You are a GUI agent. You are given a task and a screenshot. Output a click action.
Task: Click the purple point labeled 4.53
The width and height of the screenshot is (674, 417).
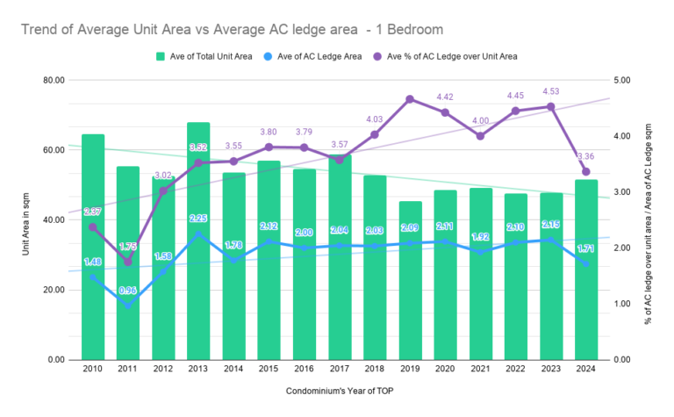(550, 106)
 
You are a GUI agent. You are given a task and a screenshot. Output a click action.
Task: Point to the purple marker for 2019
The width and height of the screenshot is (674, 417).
(410, 99)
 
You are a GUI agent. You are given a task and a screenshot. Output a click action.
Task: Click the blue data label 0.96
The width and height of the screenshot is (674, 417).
(128, 291)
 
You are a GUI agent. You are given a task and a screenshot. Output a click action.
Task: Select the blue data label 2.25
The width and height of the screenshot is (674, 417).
(198, 219)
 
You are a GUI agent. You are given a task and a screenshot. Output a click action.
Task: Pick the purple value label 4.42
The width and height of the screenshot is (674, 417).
(445, 97)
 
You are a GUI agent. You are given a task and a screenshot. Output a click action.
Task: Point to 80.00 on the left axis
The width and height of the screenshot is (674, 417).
(54, 80)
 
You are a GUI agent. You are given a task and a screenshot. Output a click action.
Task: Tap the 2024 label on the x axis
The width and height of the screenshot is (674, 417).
(585, 370)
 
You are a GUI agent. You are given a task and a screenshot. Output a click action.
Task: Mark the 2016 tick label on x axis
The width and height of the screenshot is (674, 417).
(304, 370)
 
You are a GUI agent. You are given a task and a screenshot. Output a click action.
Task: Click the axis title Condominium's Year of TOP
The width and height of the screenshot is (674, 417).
(338, 389)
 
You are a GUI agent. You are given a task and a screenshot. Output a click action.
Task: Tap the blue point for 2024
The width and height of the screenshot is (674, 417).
(585, 263)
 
